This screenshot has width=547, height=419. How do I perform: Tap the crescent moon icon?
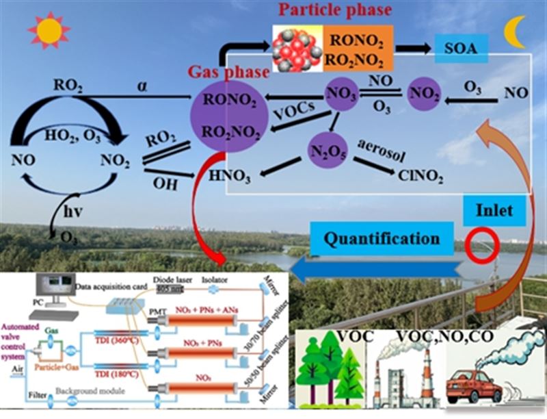coord(514,32)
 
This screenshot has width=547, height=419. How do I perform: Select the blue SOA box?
coord(459,49)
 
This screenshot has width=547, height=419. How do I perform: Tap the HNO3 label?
coord(230,177)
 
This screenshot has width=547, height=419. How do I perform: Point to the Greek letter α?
coord(143,85)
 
